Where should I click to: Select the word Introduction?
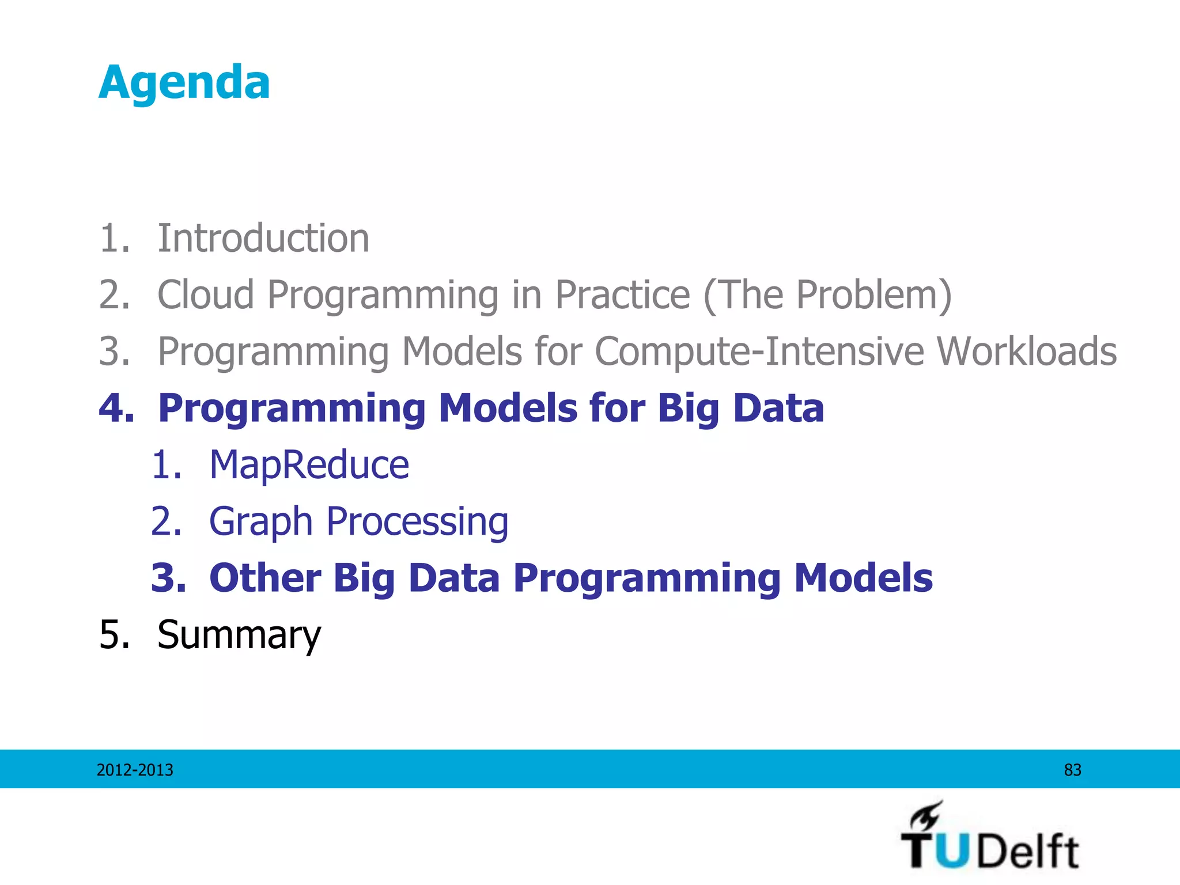point(263,238)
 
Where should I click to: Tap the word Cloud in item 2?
point(206,294)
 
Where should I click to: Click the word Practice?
point(622,294)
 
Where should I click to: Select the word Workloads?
point(1026,351)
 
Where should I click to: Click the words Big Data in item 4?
point(741,408)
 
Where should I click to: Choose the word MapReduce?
point(309,464)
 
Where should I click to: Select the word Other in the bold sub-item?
point(264,577)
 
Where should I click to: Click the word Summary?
point(239,634)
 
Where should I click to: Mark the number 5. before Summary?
point(114,634)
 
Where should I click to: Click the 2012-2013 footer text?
point(135,770)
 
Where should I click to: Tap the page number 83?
point(1072,770)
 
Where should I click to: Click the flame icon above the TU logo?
point(926,815)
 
